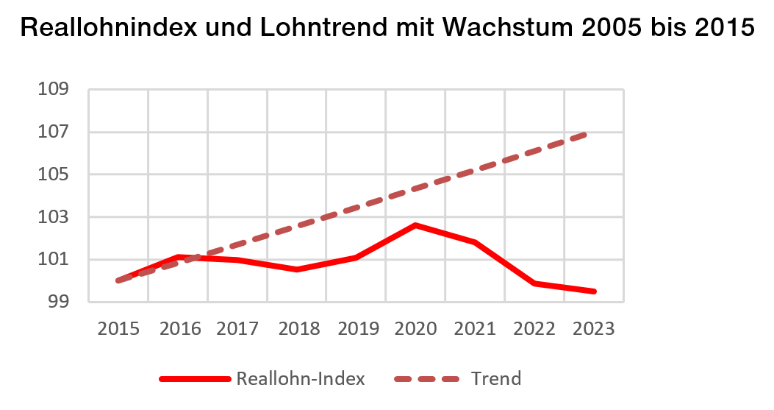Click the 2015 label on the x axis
click(118, 328)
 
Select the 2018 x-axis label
click(296, 328)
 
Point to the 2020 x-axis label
click(415, 328)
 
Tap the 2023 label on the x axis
click(593, 328)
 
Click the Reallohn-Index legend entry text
click(300, 379)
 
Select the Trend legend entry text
click(496, 379)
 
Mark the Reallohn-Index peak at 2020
click(415, 225)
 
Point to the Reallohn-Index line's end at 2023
click(593, 291)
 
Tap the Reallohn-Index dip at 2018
click(296, 269)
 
